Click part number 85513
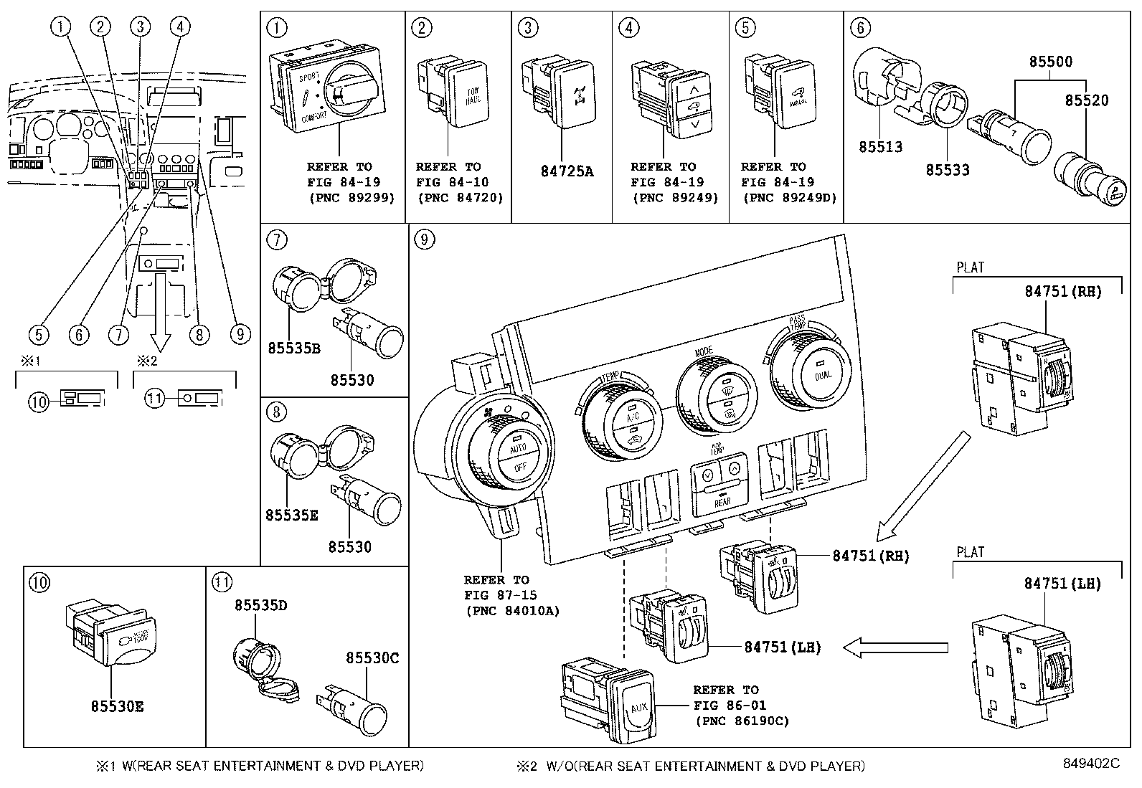tap(881, 147)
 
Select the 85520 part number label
tap(1086, 100)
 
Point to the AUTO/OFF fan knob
tap(519, 457)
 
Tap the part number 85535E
tap(291, 515)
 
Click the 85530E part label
tap(117, 706)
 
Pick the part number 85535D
tap(260, 605)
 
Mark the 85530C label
tap(372, 658)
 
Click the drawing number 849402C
tap(1091, 764)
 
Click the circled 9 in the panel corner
tap(425, 239)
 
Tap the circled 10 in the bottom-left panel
tap(39, 583)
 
